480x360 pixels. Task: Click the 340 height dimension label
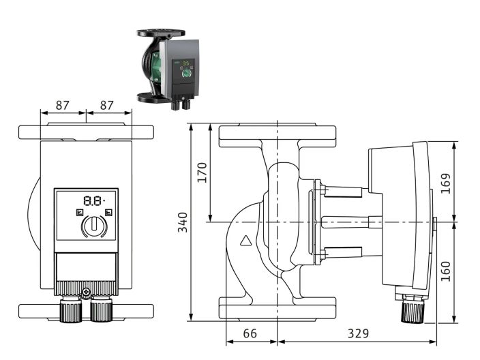pyautogui.click(x=183, y=222)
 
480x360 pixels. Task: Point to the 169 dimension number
pyautogui.click(x=466, y=183)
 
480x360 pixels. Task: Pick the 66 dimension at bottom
pyautogui.click(x=251, y=333)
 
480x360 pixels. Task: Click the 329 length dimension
pyautogui.click(x=357, y=333)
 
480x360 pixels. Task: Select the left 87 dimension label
pyautogui.click(x=63, y=106)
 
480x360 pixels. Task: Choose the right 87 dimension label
pyautogui.click(x=107, y=106)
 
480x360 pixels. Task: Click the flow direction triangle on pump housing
pyautogui.click(x=245, y=241)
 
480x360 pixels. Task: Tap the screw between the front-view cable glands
pyautogui.click(x=85, y=294)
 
